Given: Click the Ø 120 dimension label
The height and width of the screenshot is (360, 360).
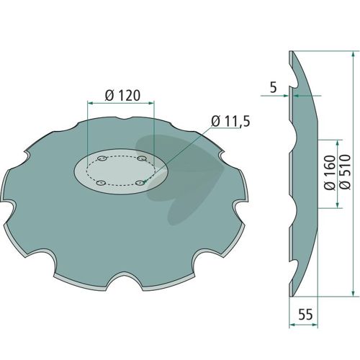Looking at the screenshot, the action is (x=122, y=96).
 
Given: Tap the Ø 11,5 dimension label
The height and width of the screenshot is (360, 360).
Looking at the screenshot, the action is (x=230, y=121).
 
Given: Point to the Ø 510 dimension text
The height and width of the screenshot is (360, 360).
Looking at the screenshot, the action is (x=345, y=172).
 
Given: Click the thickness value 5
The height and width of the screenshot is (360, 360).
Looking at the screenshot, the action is (x=274, y=88).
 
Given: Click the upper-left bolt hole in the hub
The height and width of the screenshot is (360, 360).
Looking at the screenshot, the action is (x=102, y=158).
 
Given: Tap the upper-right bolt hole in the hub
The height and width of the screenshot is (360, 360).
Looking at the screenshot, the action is (x=142, y=158).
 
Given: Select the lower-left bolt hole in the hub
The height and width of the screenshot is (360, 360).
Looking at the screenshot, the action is (x=101, y=183).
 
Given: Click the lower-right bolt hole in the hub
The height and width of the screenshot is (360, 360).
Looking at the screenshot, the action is (x=140, y=183).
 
